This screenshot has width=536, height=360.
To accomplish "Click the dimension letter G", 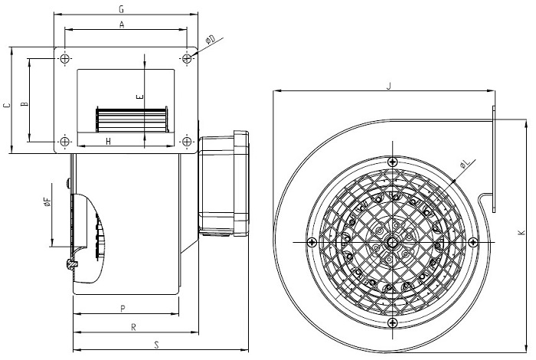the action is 121,9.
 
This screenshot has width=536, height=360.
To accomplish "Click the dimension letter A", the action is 122,25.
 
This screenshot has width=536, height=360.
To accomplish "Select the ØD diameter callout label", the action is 211,41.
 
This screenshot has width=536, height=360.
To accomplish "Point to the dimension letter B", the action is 25,103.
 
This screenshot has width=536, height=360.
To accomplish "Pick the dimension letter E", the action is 140,97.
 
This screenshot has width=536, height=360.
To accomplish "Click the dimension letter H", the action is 109,141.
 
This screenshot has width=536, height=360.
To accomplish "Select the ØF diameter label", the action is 47,201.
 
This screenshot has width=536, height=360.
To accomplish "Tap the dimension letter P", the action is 123,309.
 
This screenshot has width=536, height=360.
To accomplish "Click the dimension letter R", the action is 134,328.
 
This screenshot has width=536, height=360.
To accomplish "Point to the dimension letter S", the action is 156,345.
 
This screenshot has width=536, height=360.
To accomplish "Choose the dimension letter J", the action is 388,86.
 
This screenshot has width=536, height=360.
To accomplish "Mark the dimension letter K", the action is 521,233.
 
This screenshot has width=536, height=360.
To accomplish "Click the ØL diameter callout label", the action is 465,165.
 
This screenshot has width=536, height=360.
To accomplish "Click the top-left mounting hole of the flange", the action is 65,58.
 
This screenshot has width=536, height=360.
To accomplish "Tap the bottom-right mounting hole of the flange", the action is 187,141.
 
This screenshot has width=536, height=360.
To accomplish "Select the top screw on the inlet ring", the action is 392,162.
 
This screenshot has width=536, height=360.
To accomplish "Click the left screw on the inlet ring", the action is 312,242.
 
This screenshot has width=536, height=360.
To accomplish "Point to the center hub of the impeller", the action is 392,242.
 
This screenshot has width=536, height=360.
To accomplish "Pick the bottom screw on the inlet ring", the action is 392,322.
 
